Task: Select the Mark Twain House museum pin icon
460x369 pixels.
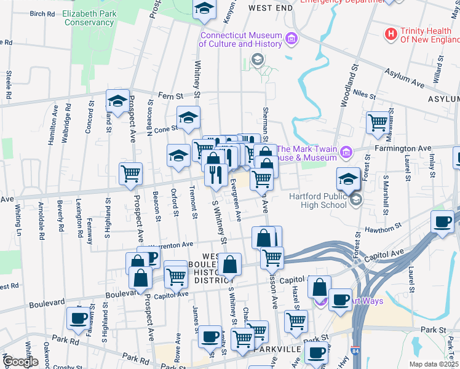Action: (346, 151)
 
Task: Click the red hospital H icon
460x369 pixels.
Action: (390, 34)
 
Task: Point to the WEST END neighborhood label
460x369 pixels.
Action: (271, 7)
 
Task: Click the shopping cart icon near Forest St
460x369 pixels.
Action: (376, 121)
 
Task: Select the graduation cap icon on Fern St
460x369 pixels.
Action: (117, 100)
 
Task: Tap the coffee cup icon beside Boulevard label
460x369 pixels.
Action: (77, 317)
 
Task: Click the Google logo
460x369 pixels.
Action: (20, 362)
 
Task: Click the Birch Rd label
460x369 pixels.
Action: (41, 13)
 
